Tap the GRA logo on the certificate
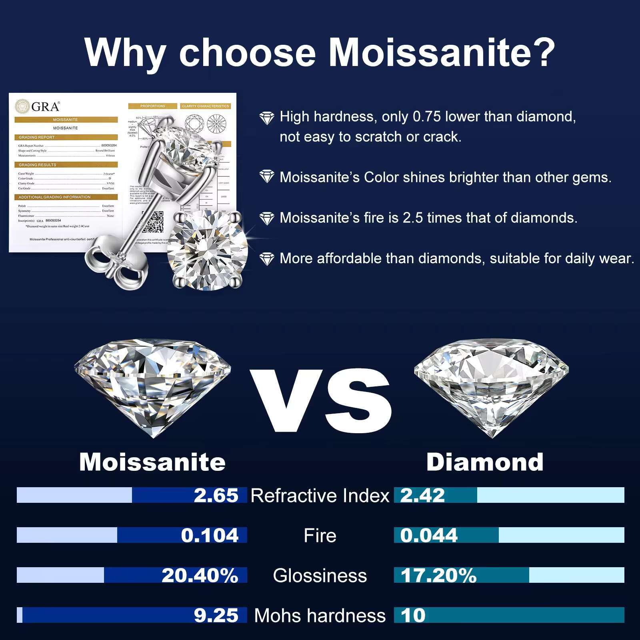tap(38, 106)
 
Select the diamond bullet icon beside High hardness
tap(267, 118)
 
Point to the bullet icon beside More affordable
tap(267, 259)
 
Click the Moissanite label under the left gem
tap(152, 462)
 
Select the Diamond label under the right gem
tap(485, 462)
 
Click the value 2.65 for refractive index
tap(216, 495)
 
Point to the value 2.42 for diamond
tap(422, 495)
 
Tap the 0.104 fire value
tap(210, 535)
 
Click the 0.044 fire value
tap(429, 535)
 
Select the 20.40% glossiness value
tap(200, 575)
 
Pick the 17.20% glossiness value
tap(438, 575)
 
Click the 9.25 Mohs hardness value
tap(216, 615)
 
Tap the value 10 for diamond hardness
tap(413, 615)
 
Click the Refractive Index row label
tap(320, 496)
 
